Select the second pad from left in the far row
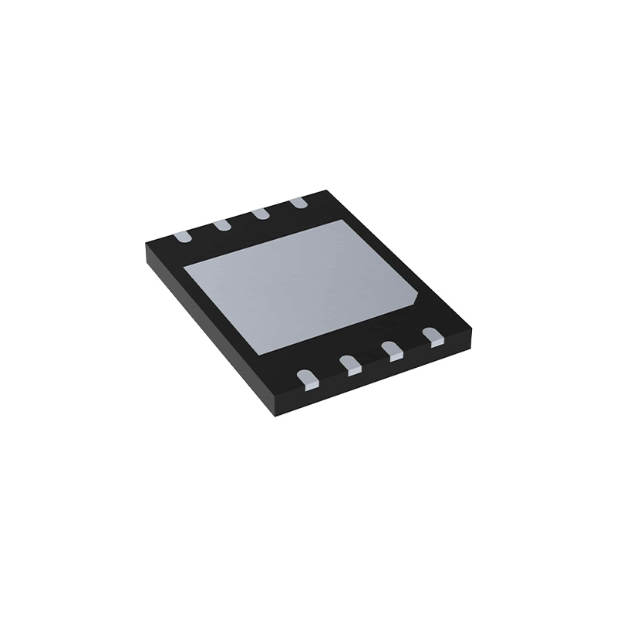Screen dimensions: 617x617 pyautogui.click(x=221, y=224)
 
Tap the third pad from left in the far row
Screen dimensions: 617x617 pyautogui.click(x=260, y=214)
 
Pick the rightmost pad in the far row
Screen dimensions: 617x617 pyautogui.click(x=298, y=203)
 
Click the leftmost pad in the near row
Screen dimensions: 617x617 pyautogui.click(x=308, y=377)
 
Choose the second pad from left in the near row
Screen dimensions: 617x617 pyautogui.click(x=350, y=363)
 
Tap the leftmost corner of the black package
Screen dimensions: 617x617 pyautogui.click(x=144, y=248)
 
